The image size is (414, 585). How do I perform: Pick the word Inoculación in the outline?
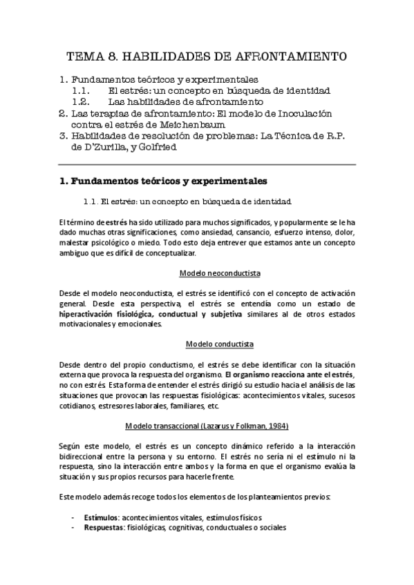[x=292, y=113]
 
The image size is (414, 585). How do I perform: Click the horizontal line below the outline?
[x=207, y=164]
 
